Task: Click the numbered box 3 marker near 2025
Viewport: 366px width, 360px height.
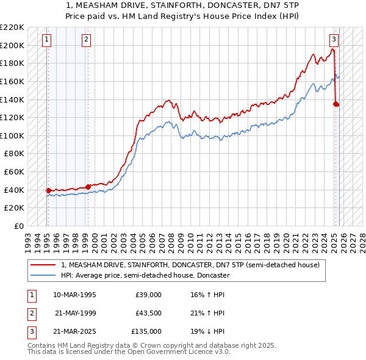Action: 334,40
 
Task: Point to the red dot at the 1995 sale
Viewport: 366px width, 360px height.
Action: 48,190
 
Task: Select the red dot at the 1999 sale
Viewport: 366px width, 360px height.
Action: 88,187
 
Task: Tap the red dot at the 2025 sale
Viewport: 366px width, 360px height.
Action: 336,104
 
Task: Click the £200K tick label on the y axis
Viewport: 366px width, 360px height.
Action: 13,45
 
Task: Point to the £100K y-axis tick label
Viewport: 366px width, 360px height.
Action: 13,135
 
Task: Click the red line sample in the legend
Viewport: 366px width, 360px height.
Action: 43,265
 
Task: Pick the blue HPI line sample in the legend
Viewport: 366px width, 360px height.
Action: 43,275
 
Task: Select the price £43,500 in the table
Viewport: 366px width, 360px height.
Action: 148,313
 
